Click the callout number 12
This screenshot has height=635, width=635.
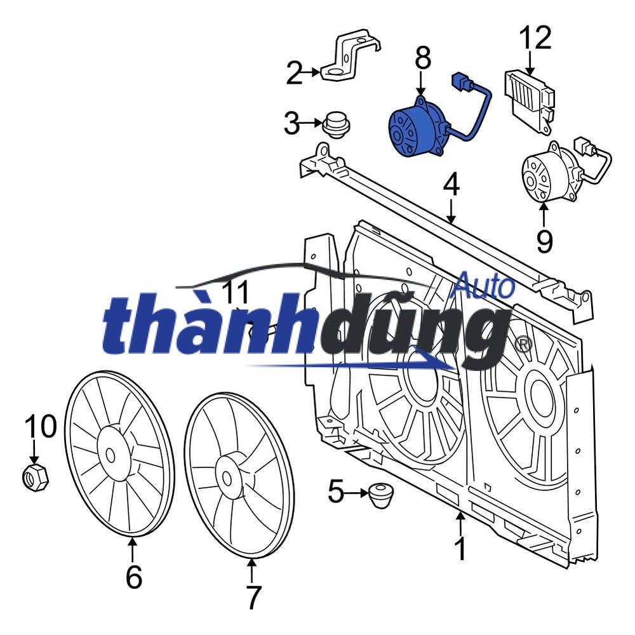[535, 37]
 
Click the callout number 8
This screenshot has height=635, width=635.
[422, 58]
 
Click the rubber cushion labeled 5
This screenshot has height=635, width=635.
[380, 493]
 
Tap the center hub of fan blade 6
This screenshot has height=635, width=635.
[111, 455]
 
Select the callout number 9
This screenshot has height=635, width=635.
[544, 240]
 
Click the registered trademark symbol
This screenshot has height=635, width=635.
[523, 344]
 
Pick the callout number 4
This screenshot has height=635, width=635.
[450, 185]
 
